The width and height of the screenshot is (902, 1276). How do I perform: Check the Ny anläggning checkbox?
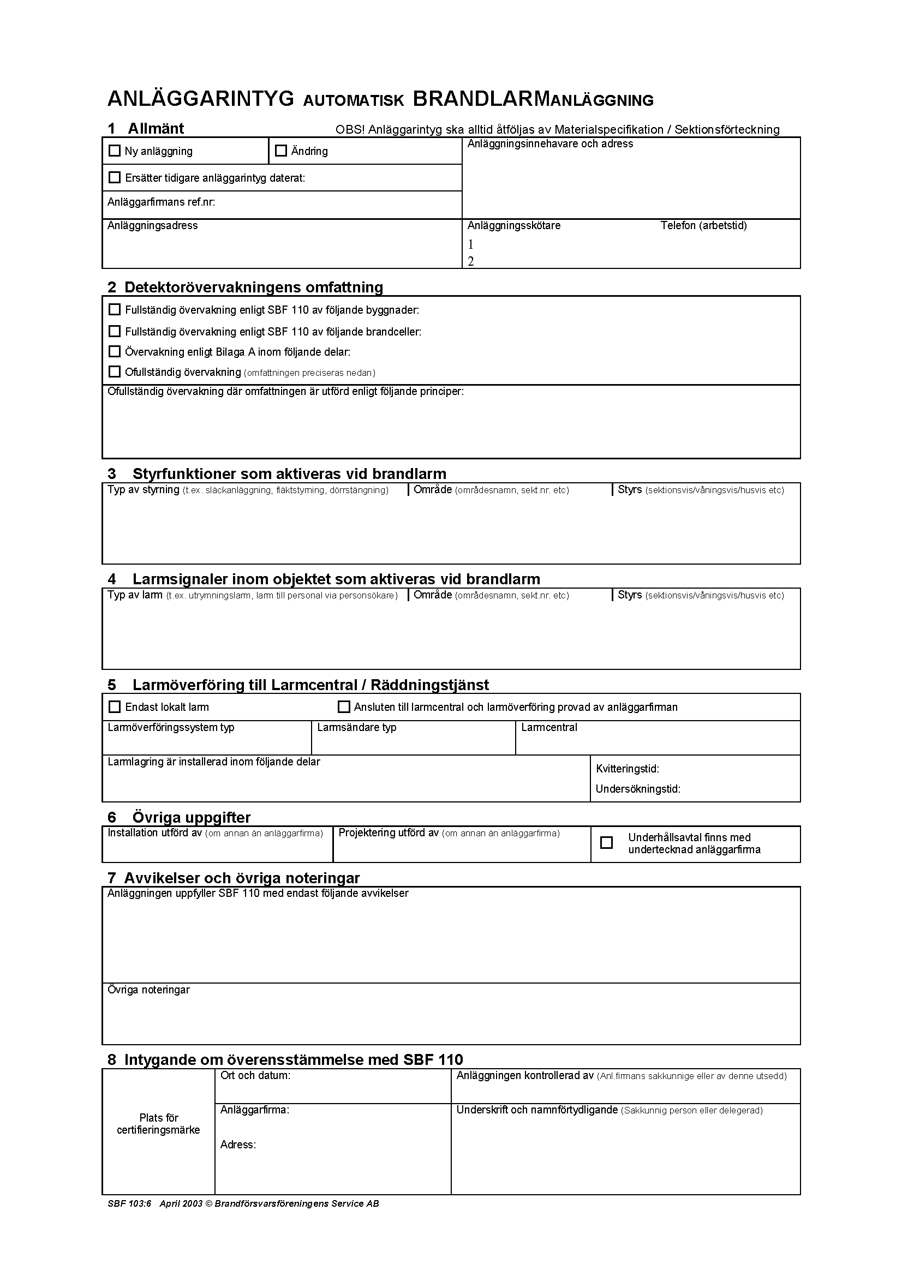click(x=115, y=151)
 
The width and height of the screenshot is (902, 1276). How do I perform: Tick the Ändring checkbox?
click(x=281, y=151)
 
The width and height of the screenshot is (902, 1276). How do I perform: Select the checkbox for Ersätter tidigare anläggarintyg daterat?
click(x=115, y=177)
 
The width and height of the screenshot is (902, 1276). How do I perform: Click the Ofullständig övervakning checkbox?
click(x=115, y=372)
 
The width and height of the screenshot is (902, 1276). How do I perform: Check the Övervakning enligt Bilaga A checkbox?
click(x=115, y=351)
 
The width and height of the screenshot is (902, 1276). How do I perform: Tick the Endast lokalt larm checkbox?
click(x=115, y=707)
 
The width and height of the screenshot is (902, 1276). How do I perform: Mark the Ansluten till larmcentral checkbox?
click(x=344, y=707)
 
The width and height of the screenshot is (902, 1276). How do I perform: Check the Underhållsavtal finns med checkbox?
click(x=607, y=842)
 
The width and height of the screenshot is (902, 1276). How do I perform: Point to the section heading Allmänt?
click(x=156, y=128)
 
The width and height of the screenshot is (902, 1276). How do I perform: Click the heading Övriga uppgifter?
click(x=191, y=817)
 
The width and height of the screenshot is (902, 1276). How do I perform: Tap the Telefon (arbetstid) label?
click(x=703, y=226)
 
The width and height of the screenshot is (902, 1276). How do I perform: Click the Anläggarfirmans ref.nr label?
click(x=161, y=202)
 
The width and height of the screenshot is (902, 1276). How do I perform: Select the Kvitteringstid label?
click(x=628, y=769)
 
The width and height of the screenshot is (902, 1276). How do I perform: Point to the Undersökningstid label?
click(x=638, y=789)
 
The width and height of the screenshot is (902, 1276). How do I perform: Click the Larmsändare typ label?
click(x=357, y=728)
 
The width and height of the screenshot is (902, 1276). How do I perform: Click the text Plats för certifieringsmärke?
click(x=158, y=1124)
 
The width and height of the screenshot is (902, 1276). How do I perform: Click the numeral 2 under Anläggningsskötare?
click(x=471, y=261)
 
